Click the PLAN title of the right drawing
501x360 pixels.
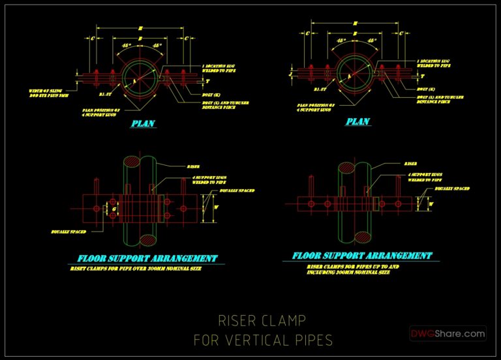coord(358,121)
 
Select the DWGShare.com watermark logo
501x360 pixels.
coord(448,333)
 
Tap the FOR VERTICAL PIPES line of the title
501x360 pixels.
coord(263,340)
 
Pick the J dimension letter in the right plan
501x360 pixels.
coord(291,74)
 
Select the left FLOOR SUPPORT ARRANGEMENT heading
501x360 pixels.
coord(147,258)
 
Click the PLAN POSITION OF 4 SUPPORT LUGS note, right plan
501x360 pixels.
coord(316,107)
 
